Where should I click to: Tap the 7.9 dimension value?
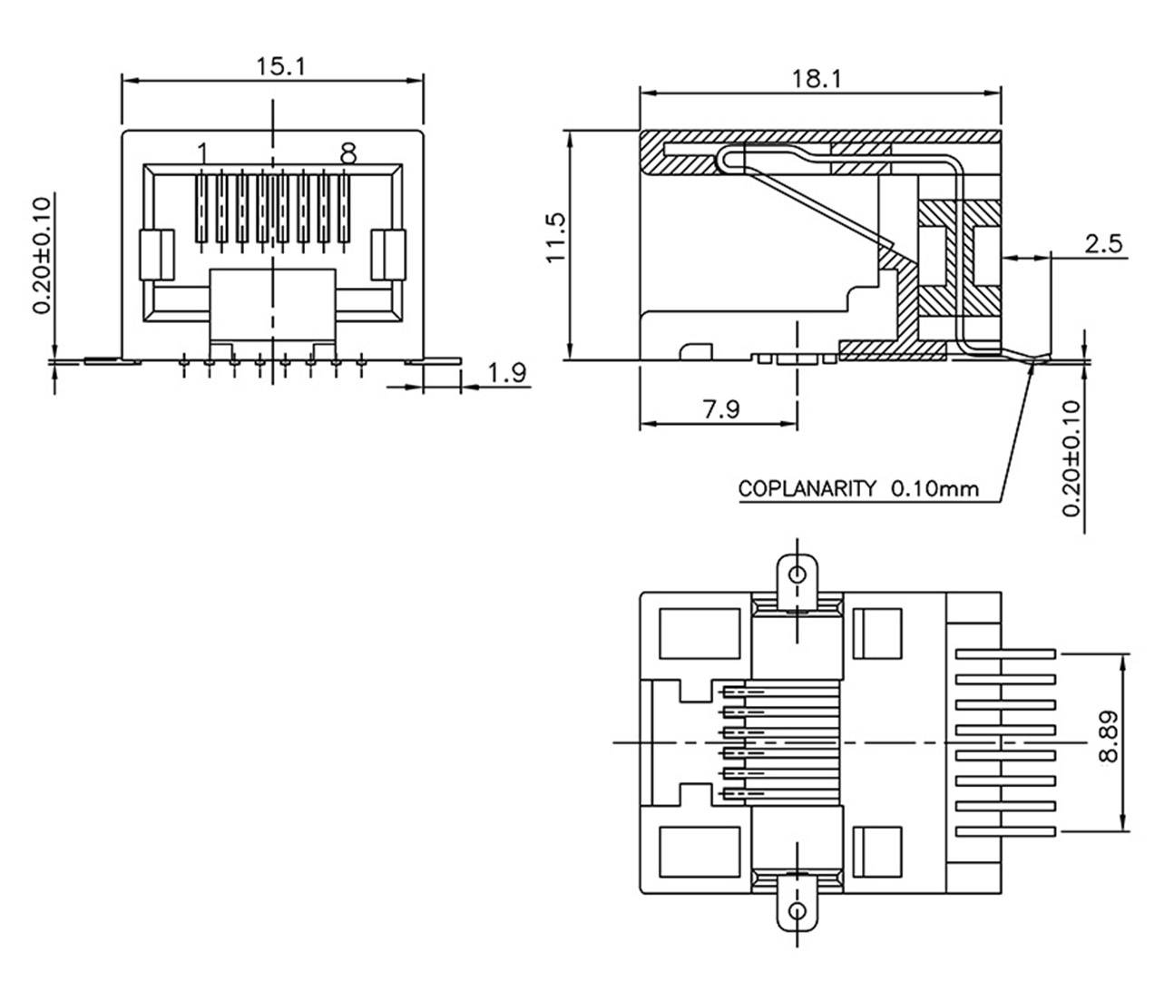pyautogui.click(x=719, y=409)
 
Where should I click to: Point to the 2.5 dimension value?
pyautogui.click(x=1102, y=243)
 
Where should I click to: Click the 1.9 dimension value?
pyautogui.click(x=506, y=373)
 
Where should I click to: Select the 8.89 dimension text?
pyautogui.click(x=1108, y=736)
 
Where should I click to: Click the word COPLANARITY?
pyautogui.click(x=807, y=489)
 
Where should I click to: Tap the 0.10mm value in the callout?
pyautogui.click(x=934, y=489)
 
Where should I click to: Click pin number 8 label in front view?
pyautogui.click(x=347, y=153)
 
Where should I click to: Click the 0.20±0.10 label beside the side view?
pyautogui.click(x=1072, y=458)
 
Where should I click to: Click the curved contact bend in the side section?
pyautogui.click(x=726, y=161)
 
